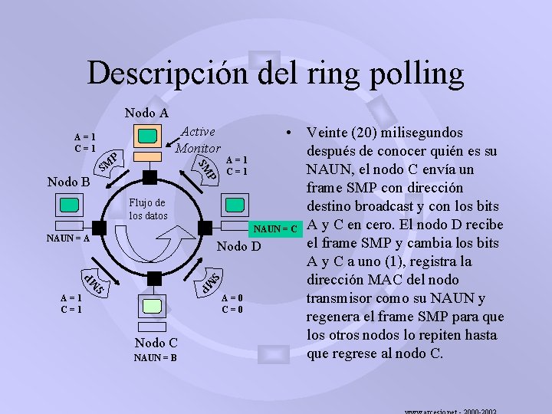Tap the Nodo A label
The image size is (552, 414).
point(146,113)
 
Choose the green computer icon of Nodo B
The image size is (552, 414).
point(69,205)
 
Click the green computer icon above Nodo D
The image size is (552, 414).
point(235,205)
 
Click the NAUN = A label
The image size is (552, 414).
point(67,238)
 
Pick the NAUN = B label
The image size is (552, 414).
point(156,357)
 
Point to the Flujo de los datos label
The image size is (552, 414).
point(147,209)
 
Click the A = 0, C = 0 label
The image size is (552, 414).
point(233,304)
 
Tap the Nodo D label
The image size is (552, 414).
point(239,246)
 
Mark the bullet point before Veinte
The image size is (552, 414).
point(286,132)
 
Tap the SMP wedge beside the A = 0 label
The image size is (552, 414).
point(210,281)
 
